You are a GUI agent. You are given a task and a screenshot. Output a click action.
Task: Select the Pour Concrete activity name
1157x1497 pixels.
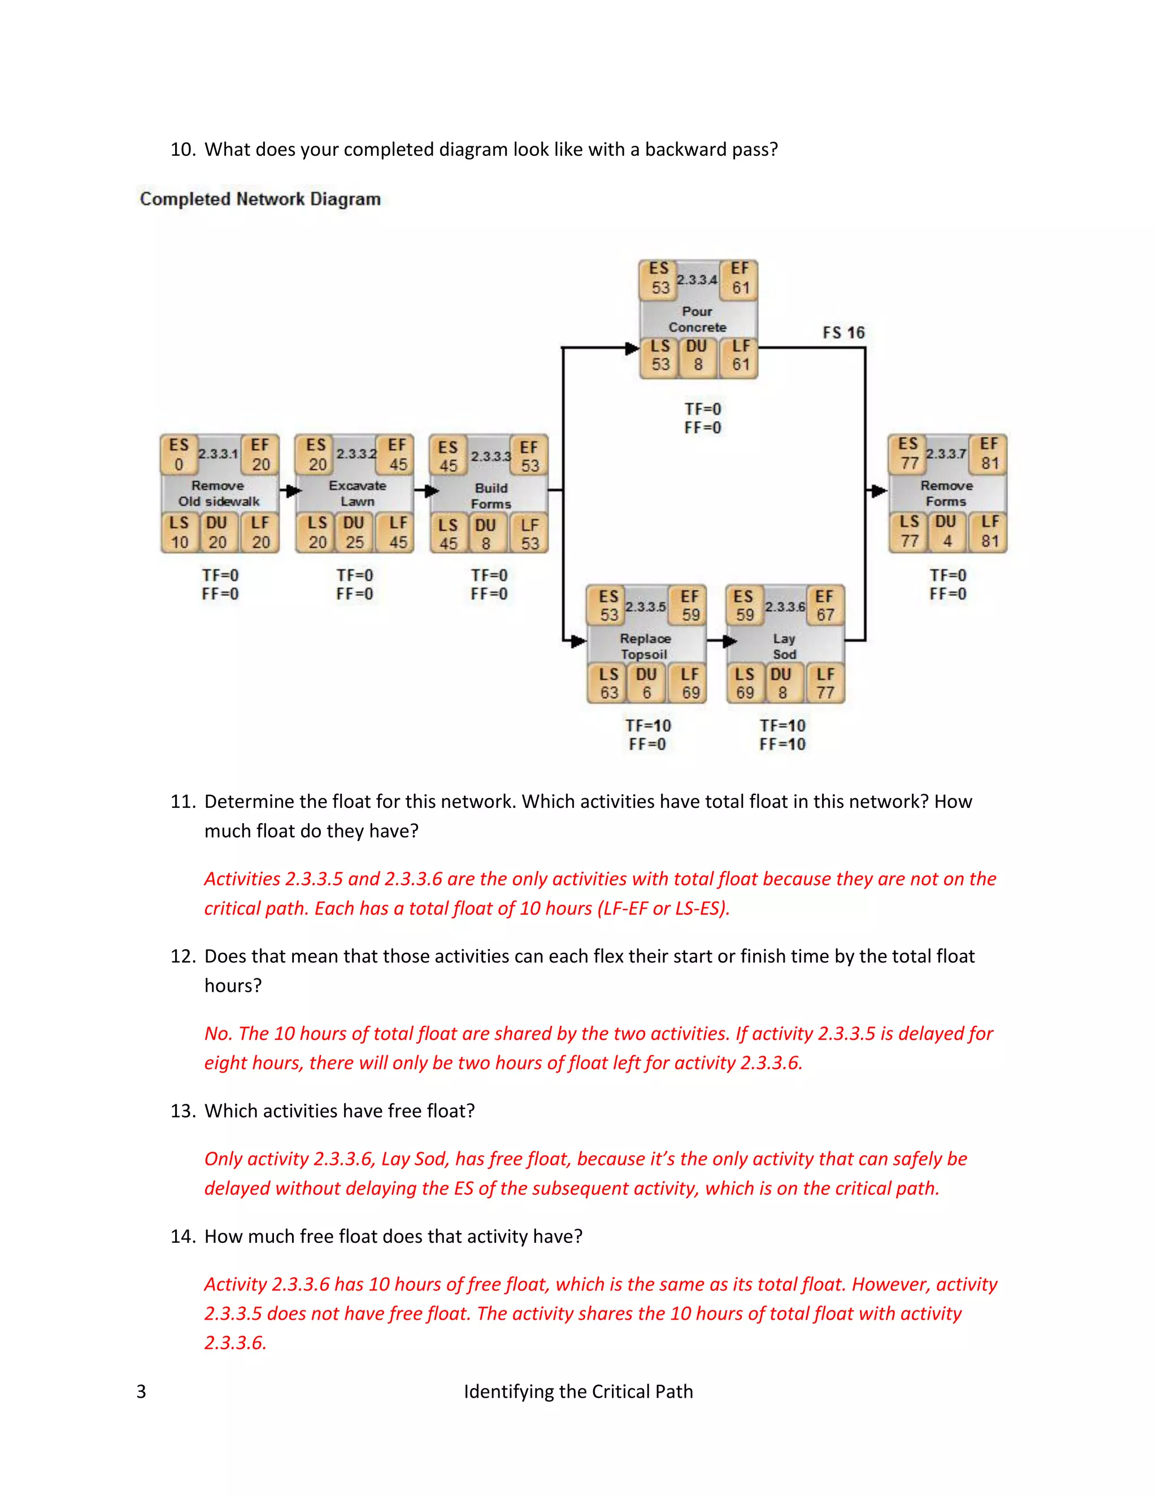[697, 319]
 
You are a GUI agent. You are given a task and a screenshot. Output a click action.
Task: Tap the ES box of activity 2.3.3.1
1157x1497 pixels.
[179, 454]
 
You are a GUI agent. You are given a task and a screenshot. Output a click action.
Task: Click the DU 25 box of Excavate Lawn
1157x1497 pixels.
[354, 533]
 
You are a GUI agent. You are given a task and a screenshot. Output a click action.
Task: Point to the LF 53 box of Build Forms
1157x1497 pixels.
[529, 534]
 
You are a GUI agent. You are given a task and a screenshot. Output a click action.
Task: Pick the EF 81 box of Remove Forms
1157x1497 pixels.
[989, 454]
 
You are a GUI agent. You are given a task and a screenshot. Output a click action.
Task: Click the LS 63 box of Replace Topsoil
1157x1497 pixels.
[608, 684]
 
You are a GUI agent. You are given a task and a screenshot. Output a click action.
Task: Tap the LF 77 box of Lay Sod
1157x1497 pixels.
[825, 684]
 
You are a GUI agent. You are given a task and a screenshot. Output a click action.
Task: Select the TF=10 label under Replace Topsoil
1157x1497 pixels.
[648, 725]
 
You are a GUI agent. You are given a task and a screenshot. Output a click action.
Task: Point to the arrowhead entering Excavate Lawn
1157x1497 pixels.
[293, 491]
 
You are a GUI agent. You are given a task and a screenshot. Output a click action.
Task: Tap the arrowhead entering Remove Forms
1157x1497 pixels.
[878, 491]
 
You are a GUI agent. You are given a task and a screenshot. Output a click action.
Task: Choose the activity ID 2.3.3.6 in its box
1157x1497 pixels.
[785, 607]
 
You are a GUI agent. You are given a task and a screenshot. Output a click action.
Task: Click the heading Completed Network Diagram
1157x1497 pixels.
[260, 199]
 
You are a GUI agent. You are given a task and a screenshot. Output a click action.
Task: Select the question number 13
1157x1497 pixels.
[182, 1111]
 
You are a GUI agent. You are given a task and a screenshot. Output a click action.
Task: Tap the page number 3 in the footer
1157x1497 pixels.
[141, 1391]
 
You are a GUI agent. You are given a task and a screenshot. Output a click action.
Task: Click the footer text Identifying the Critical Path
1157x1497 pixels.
[578, 1391]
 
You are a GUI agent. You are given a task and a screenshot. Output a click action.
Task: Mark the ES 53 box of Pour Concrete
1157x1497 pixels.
[659, 279]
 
